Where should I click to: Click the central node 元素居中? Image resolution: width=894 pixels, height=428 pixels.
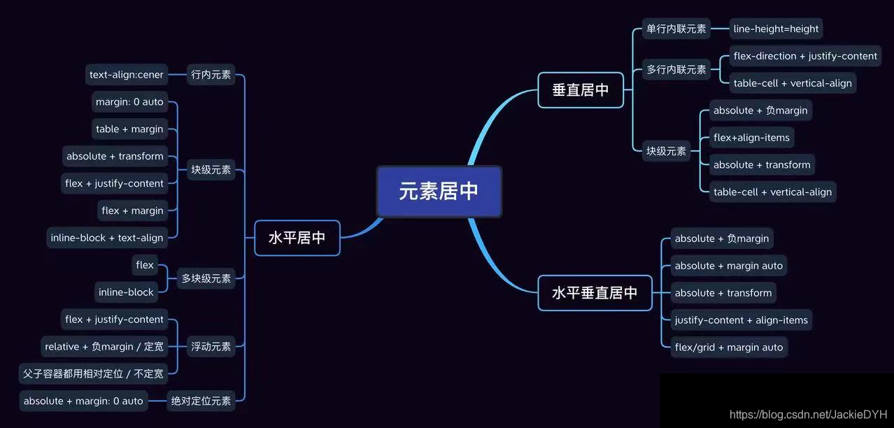(439, 191)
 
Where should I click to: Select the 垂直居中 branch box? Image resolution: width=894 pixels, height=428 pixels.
(581, 90)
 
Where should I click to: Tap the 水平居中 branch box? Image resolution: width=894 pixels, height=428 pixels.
(297, 238)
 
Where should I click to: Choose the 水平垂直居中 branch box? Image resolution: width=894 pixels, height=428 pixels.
(595, 293)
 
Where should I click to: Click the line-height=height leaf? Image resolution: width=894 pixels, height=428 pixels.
(776, 29)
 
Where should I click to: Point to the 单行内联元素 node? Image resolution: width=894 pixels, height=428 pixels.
(676, 29)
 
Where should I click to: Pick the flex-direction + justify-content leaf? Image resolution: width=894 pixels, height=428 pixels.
(805, 56)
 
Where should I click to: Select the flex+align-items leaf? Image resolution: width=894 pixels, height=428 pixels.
(751, 138)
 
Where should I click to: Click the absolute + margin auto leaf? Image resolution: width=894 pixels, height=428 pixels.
(728, 266)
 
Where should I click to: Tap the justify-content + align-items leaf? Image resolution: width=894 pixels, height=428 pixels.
(741, 320)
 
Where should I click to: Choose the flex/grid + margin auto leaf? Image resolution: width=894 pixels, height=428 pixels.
(728, 348)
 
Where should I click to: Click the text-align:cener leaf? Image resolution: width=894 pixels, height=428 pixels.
(127, 75)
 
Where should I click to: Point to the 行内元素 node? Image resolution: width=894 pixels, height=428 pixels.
(211, 75)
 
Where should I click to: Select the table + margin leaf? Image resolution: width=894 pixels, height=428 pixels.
(129, 129)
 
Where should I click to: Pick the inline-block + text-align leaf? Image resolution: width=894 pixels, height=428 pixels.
(107, 238)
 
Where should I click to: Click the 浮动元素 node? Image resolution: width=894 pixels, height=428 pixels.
(211, 346)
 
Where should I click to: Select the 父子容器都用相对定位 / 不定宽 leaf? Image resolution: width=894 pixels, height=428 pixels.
(93, 373)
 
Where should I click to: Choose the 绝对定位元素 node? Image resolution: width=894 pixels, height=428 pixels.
(201, 401)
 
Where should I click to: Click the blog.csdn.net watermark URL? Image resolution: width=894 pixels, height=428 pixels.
(808, 415)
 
